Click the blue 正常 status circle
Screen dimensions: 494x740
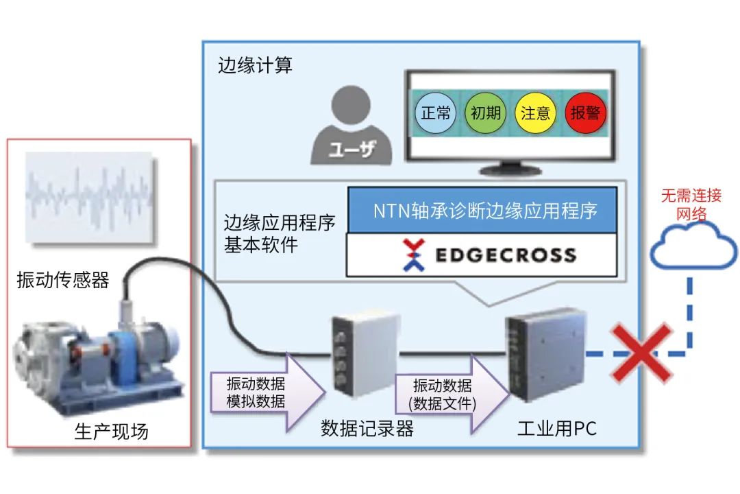(x=436, y=113)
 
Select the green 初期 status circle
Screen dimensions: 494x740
(x=485, y=113)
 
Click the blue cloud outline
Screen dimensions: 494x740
(x=692, y=247)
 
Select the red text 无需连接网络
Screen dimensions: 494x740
(x=691, y=204)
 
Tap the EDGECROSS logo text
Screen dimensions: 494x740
(x=506, y=256)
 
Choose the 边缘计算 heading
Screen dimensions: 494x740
(x=255, y=66)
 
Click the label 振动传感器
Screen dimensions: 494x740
(x=63, y=280)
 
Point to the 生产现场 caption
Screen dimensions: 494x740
(x=111, y=432)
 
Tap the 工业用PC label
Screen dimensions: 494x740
(x=556, y=430)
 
